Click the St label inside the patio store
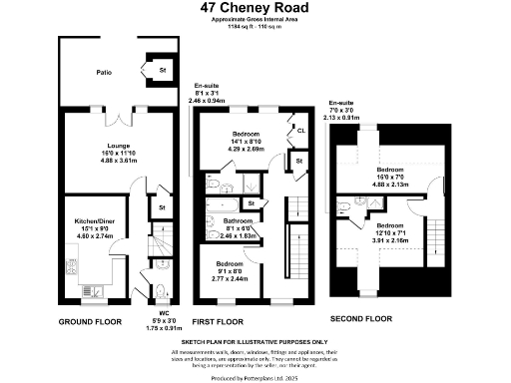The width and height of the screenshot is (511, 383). pos(161,71)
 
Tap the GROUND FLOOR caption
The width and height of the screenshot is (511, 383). pos(90,322)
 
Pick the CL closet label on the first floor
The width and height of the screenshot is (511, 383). pos(299,130)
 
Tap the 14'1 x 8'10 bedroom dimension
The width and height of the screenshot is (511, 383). pos(246,142)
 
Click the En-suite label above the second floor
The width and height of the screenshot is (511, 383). pos(341,103)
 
